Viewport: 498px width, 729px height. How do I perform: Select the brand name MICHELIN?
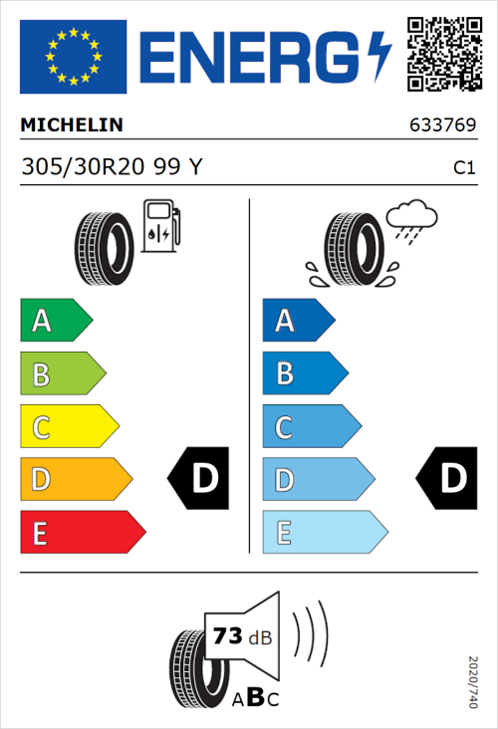[72, 125]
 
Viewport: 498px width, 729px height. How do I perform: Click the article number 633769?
[442, 126]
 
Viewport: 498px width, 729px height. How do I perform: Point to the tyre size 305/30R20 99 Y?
[112, 167]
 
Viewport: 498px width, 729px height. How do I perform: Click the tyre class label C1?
[463, 168]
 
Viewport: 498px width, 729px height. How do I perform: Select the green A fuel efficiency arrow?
[55, 321]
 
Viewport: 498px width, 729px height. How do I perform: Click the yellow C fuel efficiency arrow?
[68, 427]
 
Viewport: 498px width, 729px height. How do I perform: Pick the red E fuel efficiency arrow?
[82, 533]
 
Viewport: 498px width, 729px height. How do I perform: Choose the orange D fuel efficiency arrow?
[75, 480]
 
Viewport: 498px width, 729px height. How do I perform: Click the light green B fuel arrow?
[62, 374]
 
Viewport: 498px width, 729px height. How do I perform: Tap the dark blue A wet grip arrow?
[297, 321]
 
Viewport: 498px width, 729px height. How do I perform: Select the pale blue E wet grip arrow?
[324, 533]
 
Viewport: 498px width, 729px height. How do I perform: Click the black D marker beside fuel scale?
[199, 479]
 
